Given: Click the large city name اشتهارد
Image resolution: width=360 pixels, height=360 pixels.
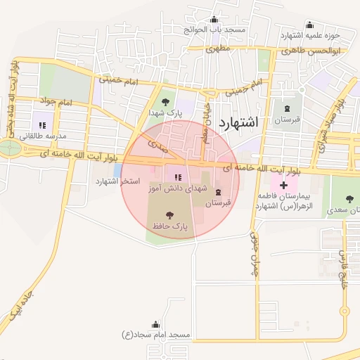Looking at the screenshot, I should click(238, 122).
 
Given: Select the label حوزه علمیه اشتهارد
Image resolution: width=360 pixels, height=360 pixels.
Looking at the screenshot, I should click(310, 36).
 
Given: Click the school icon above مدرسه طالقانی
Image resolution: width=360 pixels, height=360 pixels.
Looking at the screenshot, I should click(42, 125).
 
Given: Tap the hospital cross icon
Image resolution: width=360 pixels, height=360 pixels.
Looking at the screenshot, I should click(283, 186).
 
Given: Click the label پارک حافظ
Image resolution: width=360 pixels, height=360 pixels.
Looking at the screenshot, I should click(169, 226).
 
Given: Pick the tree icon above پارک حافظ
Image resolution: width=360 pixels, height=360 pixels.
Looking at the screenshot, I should click(169, 214).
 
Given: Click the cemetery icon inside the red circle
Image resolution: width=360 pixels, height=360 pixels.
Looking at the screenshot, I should click(217, 192).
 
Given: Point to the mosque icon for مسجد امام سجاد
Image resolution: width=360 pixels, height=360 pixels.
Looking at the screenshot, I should click(155, 325).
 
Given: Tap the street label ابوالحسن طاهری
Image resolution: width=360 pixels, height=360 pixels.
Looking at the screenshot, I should click(320, 51).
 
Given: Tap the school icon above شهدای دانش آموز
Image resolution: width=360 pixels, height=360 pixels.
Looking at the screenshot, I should click(178, 177).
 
